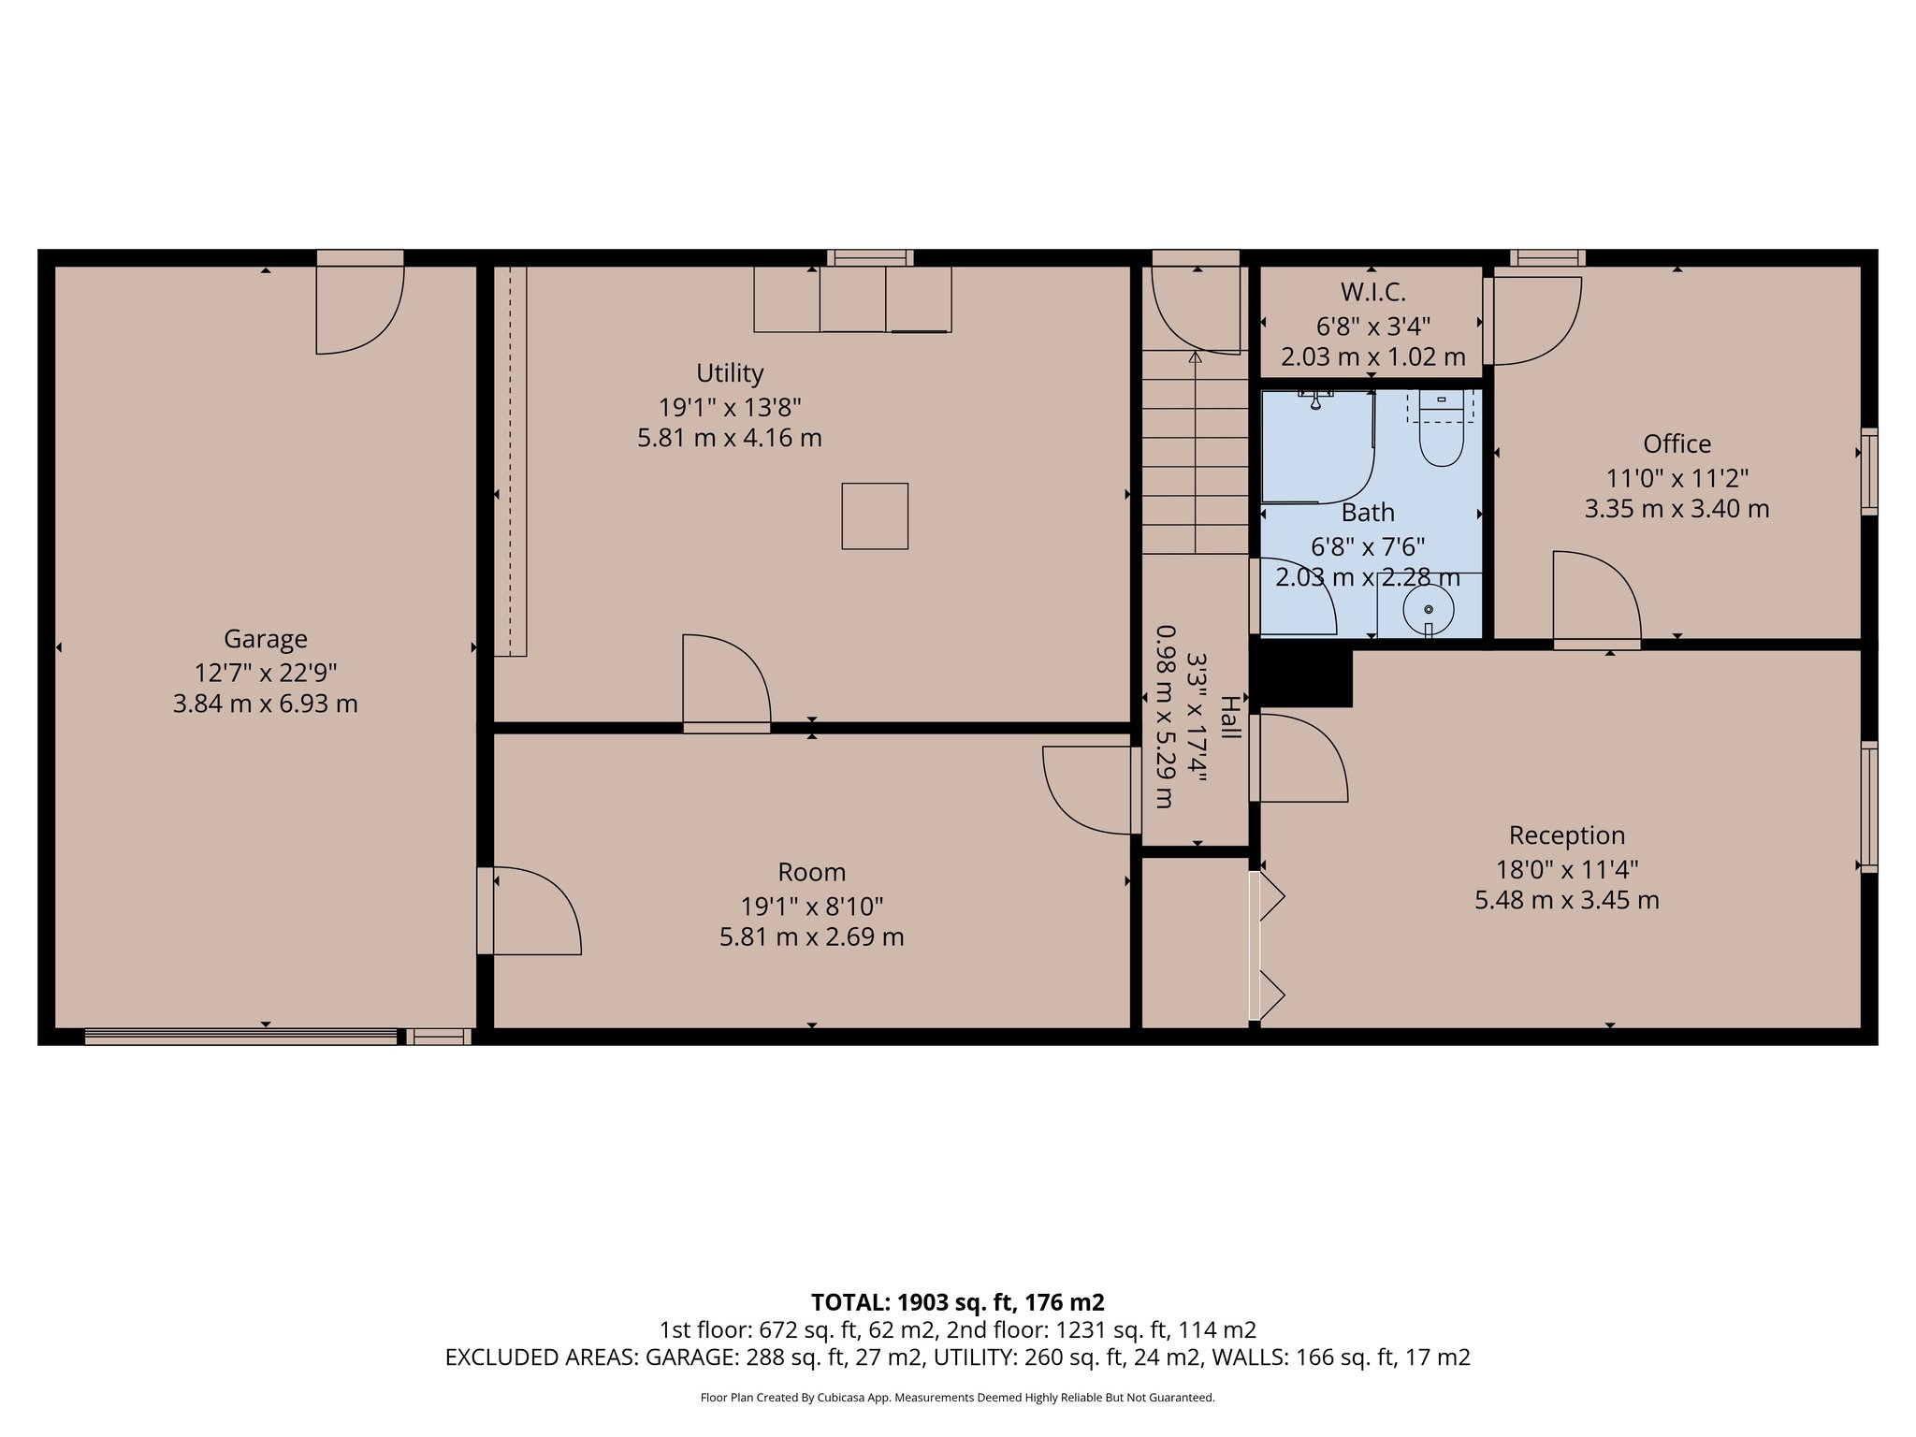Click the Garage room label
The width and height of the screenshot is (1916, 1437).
pos(265,639)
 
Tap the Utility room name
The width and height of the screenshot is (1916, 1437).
pos(730,373)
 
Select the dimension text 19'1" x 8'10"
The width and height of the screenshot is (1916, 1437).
pos(811,906)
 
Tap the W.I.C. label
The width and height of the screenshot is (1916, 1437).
pos(1372,292)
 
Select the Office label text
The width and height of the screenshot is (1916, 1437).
pos(1676,443)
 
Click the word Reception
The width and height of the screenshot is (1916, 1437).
pos(1566,835)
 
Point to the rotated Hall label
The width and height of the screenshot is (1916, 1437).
pos(1229,718)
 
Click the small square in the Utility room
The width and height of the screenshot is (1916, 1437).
pos(875,515)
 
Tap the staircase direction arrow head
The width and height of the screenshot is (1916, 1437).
pos(1195,357)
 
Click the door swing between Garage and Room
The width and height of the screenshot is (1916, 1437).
pos(533,910)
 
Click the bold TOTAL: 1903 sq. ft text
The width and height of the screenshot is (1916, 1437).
pos(957,1301)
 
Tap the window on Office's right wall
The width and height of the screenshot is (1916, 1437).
pos(1868,472)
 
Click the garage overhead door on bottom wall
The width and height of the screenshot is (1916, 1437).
pos(240,1036)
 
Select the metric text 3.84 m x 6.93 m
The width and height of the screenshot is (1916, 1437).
pos(265,704)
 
